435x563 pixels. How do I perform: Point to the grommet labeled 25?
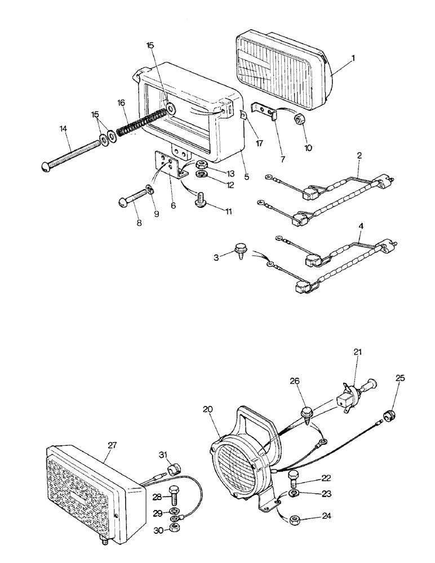tap(388, 416)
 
